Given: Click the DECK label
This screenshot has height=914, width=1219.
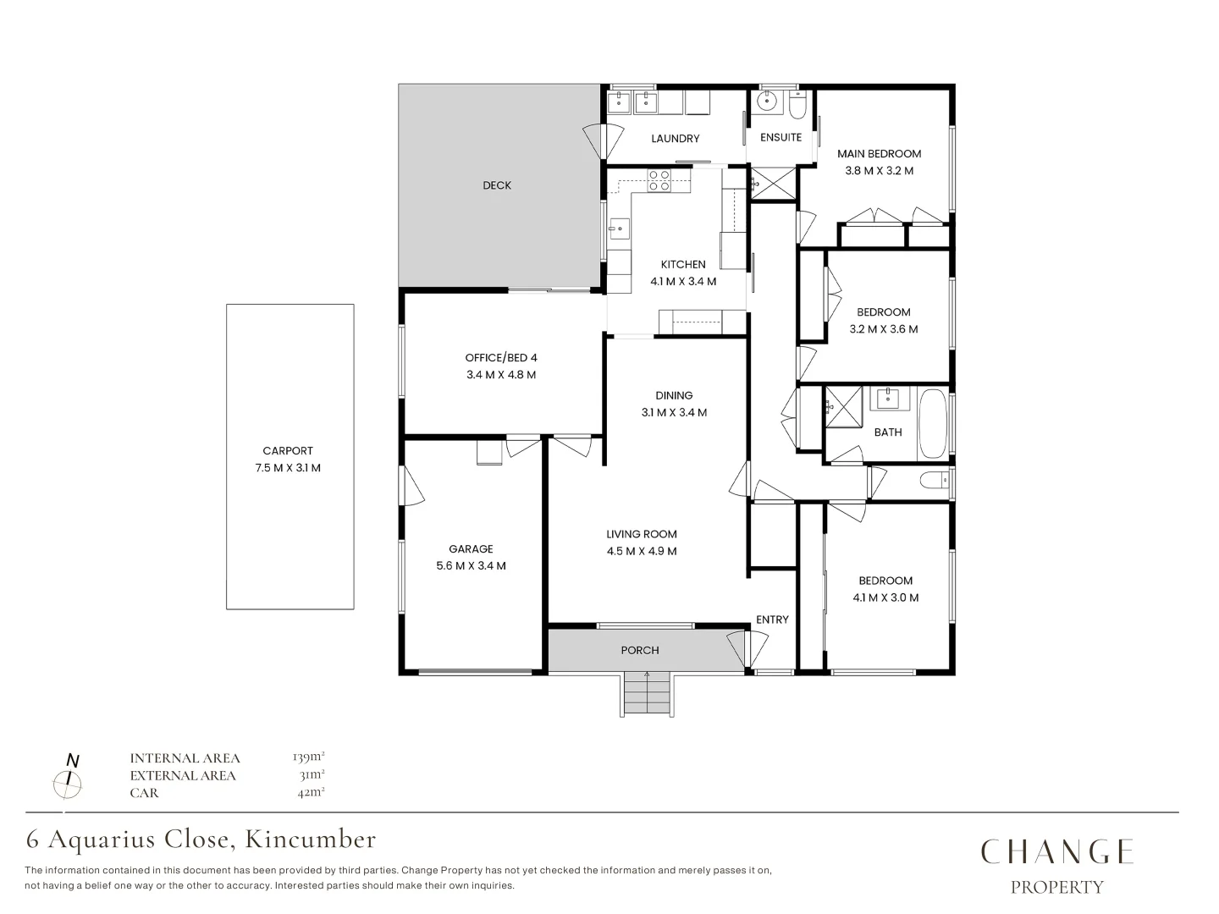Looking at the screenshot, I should [497, 185].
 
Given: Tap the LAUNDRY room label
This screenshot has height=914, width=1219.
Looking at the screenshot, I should [675, 139].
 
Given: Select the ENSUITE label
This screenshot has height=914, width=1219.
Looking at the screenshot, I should [780, 137].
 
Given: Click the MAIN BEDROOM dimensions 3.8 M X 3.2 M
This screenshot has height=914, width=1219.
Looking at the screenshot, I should [879, 171].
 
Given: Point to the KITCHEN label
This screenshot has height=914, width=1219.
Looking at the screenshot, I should [683, 264].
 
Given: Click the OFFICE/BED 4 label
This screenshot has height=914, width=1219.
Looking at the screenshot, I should [501, 357].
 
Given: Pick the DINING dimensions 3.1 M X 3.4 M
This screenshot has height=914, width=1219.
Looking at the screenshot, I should [674, 413].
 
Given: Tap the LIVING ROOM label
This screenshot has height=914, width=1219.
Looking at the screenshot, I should [641, 534].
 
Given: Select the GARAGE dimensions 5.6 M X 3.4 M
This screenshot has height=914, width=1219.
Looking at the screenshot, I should [471, 566].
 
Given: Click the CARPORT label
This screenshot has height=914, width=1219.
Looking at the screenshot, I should [288, 451].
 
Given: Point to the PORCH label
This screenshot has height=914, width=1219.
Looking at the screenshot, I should [639, 650].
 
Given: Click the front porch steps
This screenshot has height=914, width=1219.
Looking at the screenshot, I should [647, 693].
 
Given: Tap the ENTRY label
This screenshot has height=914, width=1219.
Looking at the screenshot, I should [772, 619].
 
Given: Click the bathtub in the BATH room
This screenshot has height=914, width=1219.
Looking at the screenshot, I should [934, 422].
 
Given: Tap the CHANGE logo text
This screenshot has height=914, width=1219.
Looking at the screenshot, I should [1056, 851].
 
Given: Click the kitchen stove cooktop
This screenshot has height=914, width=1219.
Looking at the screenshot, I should [659, 179].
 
